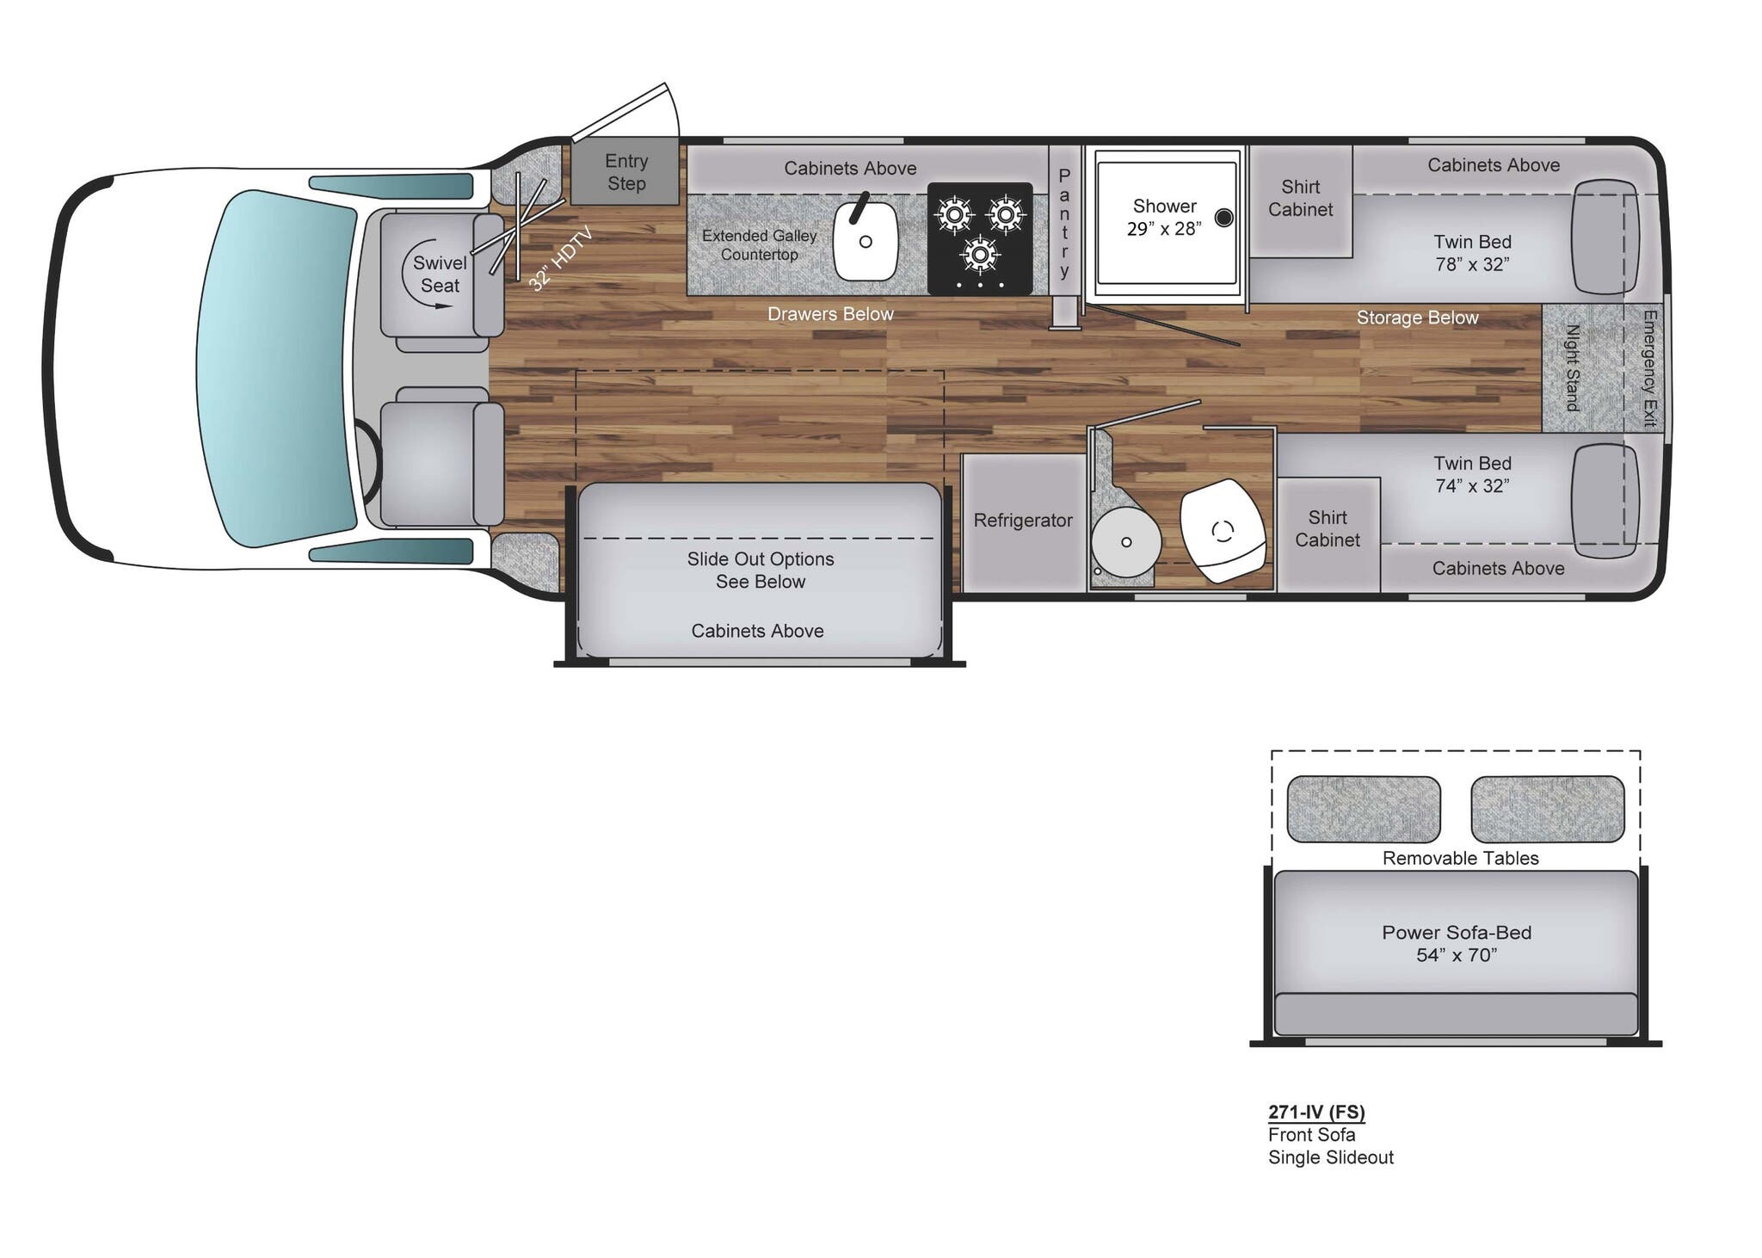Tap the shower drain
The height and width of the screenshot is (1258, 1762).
1223,218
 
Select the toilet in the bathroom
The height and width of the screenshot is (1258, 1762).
1223,530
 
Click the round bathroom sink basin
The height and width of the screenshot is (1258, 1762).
1126,541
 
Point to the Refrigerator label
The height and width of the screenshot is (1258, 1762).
1023,521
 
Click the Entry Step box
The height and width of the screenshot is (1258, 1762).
625,172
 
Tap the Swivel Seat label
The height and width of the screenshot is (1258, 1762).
440,274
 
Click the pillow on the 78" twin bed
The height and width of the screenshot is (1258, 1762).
1604,237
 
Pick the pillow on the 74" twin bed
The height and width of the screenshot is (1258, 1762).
1604,500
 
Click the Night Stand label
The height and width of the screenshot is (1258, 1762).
1573,367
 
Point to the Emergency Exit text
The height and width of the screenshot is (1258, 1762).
1649,367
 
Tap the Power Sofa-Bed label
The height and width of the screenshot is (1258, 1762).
1457,943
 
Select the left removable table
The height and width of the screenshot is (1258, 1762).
1363,809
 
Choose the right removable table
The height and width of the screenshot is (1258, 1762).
1547,809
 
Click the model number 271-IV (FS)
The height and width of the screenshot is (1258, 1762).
1316,1112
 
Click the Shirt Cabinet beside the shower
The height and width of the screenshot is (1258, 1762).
1300,199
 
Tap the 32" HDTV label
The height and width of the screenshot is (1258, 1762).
560,258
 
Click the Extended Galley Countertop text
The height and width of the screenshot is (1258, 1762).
759,245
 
